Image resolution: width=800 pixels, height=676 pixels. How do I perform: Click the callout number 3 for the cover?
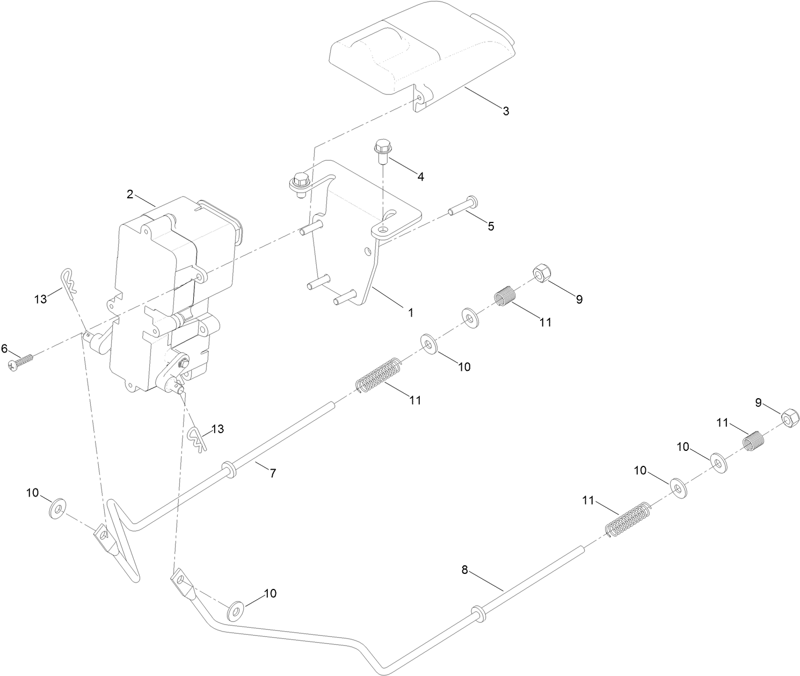click(506, 111)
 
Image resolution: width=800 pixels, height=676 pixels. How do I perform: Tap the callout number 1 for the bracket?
click(411, 312)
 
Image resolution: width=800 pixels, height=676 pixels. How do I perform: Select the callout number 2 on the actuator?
click(130, 195)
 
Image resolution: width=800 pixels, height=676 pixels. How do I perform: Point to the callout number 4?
click(420, 176)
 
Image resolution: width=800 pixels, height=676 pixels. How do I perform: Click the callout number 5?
click(491, 226)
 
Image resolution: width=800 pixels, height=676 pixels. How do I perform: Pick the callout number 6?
click(4, 349)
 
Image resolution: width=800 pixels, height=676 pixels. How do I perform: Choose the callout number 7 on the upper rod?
click(273, 473)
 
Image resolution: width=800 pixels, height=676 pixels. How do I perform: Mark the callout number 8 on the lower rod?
click(465, 570)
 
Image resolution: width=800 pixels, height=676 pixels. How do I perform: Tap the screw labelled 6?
click(20, 361)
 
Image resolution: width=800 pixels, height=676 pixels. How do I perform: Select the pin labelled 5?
click(462, 207)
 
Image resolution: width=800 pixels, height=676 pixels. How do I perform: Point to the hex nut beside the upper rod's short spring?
click(541, 274)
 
